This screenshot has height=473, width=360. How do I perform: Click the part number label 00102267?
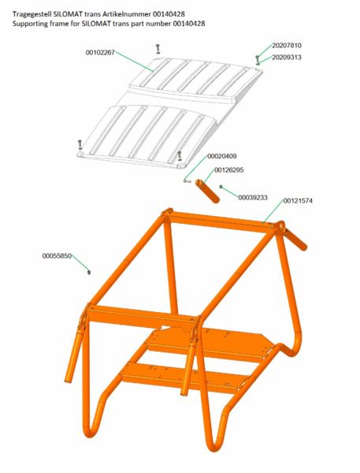[100, 53]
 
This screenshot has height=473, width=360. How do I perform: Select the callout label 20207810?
[287, 46]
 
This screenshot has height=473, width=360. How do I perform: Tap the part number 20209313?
[287, 58]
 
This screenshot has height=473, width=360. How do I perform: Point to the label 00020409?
[222, 156]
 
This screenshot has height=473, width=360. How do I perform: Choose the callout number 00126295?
[229, 170]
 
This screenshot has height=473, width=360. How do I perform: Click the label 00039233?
[253, 198]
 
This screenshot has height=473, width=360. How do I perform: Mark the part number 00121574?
[298, 201]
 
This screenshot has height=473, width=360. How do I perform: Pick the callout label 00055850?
[57, 256]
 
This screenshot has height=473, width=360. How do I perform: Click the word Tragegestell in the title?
[32, 14]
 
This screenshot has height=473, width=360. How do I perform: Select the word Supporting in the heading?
[28, 24]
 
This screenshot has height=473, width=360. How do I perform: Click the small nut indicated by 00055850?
[89, 273]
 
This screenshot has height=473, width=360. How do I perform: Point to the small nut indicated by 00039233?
[221, 187]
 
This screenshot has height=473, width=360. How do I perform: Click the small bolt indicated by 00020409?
[187, 181]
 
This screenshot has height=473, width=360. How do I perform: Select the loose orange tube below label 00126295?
[207, 192]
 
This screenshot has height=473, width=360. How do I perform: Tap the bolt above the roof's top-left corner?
[158, 49]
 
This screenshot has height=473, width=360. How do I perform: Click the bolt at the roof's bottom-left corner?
[80, 145]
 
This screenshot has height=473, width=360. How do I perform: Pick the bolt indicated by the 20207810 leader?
[257, 58]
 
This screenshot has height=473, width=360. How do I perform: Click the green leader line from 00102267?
[135, 61]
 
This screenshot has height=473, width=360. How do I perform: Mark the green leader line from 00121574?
[273, 212]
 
